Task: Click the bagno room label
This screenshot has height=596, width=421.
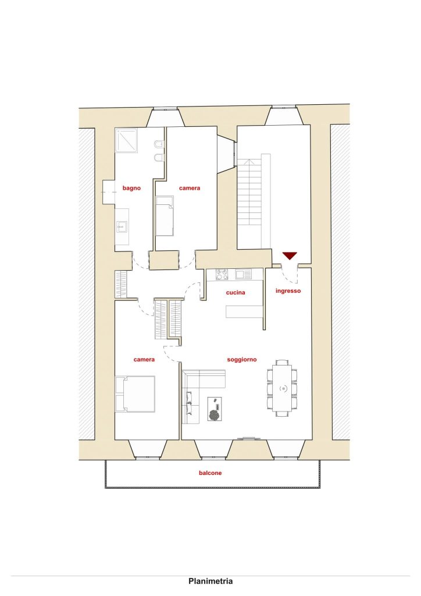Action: (131, 188)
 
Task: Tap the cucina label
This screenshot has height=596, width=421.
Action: (236, 292)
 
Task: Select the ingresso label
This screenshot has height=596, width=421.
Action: (288, 291)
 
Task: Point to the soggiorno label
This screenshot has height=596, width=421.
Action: (242, 359)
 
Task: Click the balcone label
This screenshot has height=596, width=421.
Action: (211, 473)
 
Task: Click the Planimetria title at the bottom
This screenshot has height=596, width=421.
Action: (211, 581)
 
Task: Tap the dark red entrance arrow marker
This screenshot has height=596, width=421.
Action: (289, 256)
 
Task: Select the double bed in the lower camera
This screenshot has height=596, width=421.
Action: (135, 394)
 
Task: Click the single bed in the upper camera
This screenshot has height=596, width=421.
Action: (165, 215)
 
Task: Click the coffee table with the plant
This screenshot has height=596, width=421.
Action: (215, 409)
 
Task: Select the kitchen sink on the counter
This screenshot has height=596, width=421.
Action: (243, 274)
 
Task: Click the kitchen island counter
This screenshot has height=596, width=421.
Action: (244, 311)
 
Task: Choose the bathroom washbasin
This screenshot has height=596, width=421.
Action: (122, 228)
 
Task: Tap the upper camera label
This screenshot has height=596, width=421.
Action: (190, 188)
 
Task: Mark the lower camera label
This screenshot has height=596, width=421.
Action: (144, 359)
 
